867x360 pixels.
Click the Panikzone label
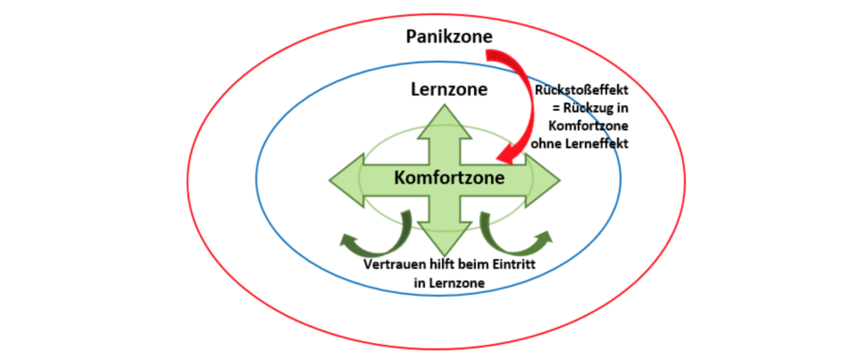point(449,38)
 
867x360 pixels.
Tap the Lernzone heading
point(448,90)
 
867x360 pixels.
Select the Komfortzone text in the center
point(448,178)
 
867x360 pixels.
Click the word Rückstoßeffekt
point(580,91)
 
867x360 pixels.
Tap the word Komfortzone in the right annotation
point(580,125)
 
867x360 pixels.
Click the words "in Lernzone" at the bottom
point(449,284)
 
